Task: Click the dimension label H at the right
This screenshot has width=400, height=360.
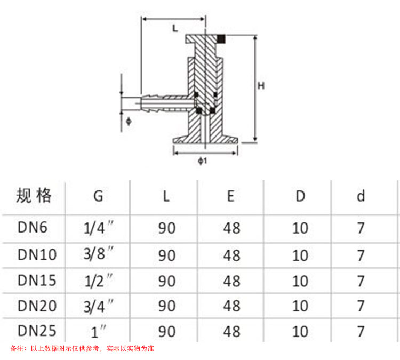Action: [260, 85]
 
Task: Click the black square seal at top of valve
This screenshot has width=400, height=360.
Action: [222, 38]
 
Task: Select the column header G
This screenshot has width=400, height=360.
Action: [98, 196]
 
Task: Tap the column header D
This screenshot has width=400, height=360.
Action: [301, 196]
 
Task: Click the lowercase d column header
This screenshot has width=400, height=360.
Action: [361, 196]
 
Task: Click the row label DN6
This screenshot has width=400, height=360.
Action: [33, 228]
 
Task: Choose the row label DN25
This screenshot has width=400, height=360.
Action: [37, 331]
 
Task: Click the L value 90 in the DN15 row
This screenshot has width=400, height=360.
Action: [167, 280]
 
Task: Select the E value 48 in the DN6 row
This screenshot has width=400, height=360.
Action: [231, 228]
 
